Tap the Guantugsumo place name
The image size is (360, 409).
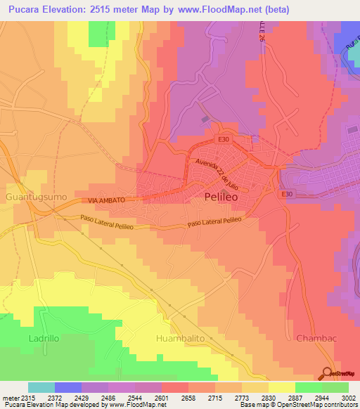pyautogui.click(x=37, y=197)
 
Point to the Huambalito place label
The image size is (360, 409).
pyautogui.click(x=179, y=338)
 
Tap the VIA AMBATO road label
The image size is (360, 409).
pyautogui.click(x=107, y=200)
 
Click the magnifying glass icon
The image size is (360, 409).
pyautogui.click(x=328, y=374)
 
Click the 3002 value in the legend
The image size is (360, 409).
pyautogui.click(x=347, y=398)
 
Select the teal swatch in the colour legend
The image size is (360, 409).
pyautogui.click(x=41, y=387)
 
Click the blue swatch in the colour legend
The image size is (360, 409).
pyautogui.click(x=68, y=387)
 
